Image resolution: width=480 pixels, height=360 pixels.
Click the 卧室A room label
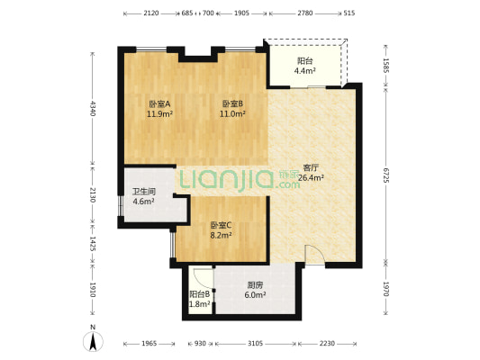pyautogui.click(x=159, y=104)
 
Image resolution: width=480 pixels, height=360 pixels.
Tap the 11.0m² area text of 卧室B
pyautogui.click(x=232, y=114)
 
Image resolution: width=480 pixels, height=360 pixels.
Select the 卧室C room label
pyautogui.click(x=221, y=225)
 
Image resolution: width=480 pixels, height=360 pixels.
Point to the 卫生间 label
pyautogui.click(x=144, y=192)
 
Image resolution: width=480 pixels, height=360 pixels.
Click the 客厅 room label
pyautogui.click(x=311, y=167)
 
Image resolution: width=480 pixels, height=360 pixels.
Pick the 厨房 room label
pyautogui.click(x=255, y=285)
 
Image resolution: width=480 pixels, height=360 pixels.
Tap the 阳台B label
pyautogui.click(x=200, y=294)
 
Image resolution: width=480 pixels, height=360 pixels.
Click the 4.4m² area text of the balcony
pyautogui.click(x=305, y=71)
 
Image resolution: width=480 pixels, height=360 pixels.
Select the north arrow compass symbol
pyautogui.click(x=93, y=341)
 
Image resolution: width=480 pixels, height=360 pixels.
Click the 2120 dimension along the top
pyautogui.click(x=151, y=13)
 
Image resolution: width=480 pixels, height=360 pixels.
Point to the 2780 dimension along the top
pyautogui.click(x=305, y=13)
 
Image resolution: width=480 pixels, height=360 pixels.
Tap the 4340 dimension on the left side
pyautogui.click(x=93, y=108)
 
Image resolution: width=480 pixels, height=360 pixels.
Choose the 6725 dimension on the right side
pyautogui.click(x=386, y=175)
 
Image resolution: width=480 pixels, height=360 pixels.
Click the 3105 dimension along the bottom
pyautogui.click(x=255, y=344)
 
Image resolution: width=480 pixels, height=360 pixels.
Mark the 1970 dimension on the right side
pyautogui.click(x=386, y=289)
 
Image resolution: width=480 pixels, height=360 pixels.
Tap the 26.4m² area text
pyautogui.click(x=311, y=177)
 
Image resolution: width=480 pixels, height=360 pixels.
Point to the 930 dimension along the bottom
pyautogui.click(x=200, y=344)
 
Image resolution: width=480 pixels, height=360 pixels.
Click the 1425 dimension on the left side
pyautogui.click(x=93, y=244)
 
